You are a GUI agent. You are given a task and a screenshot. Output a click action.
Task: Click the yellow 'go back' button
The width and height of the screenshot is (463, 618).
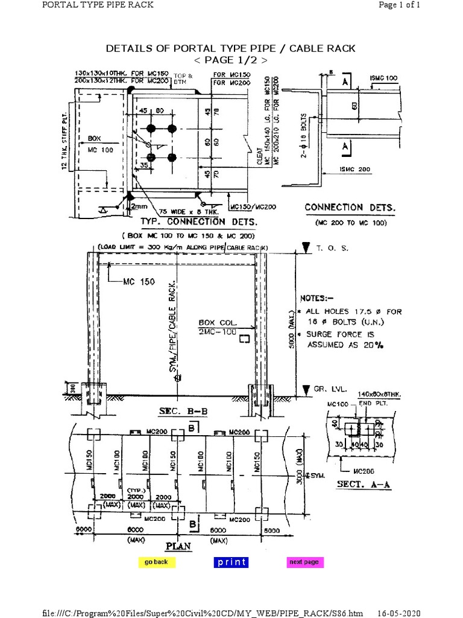tap(156, 562)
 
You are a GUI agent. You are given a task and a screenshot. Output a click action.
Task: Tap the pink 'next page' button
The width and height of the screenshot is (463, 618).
tap(304, 562)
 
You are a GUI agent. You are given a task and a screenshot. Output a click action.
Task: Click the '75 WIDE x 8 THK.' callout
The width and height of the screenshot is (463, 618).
tap(194, 212)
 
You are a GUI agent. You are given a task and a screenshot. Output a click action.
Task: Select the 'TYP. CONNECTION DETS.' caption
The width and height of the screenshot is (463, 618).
tap(200, 222)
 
